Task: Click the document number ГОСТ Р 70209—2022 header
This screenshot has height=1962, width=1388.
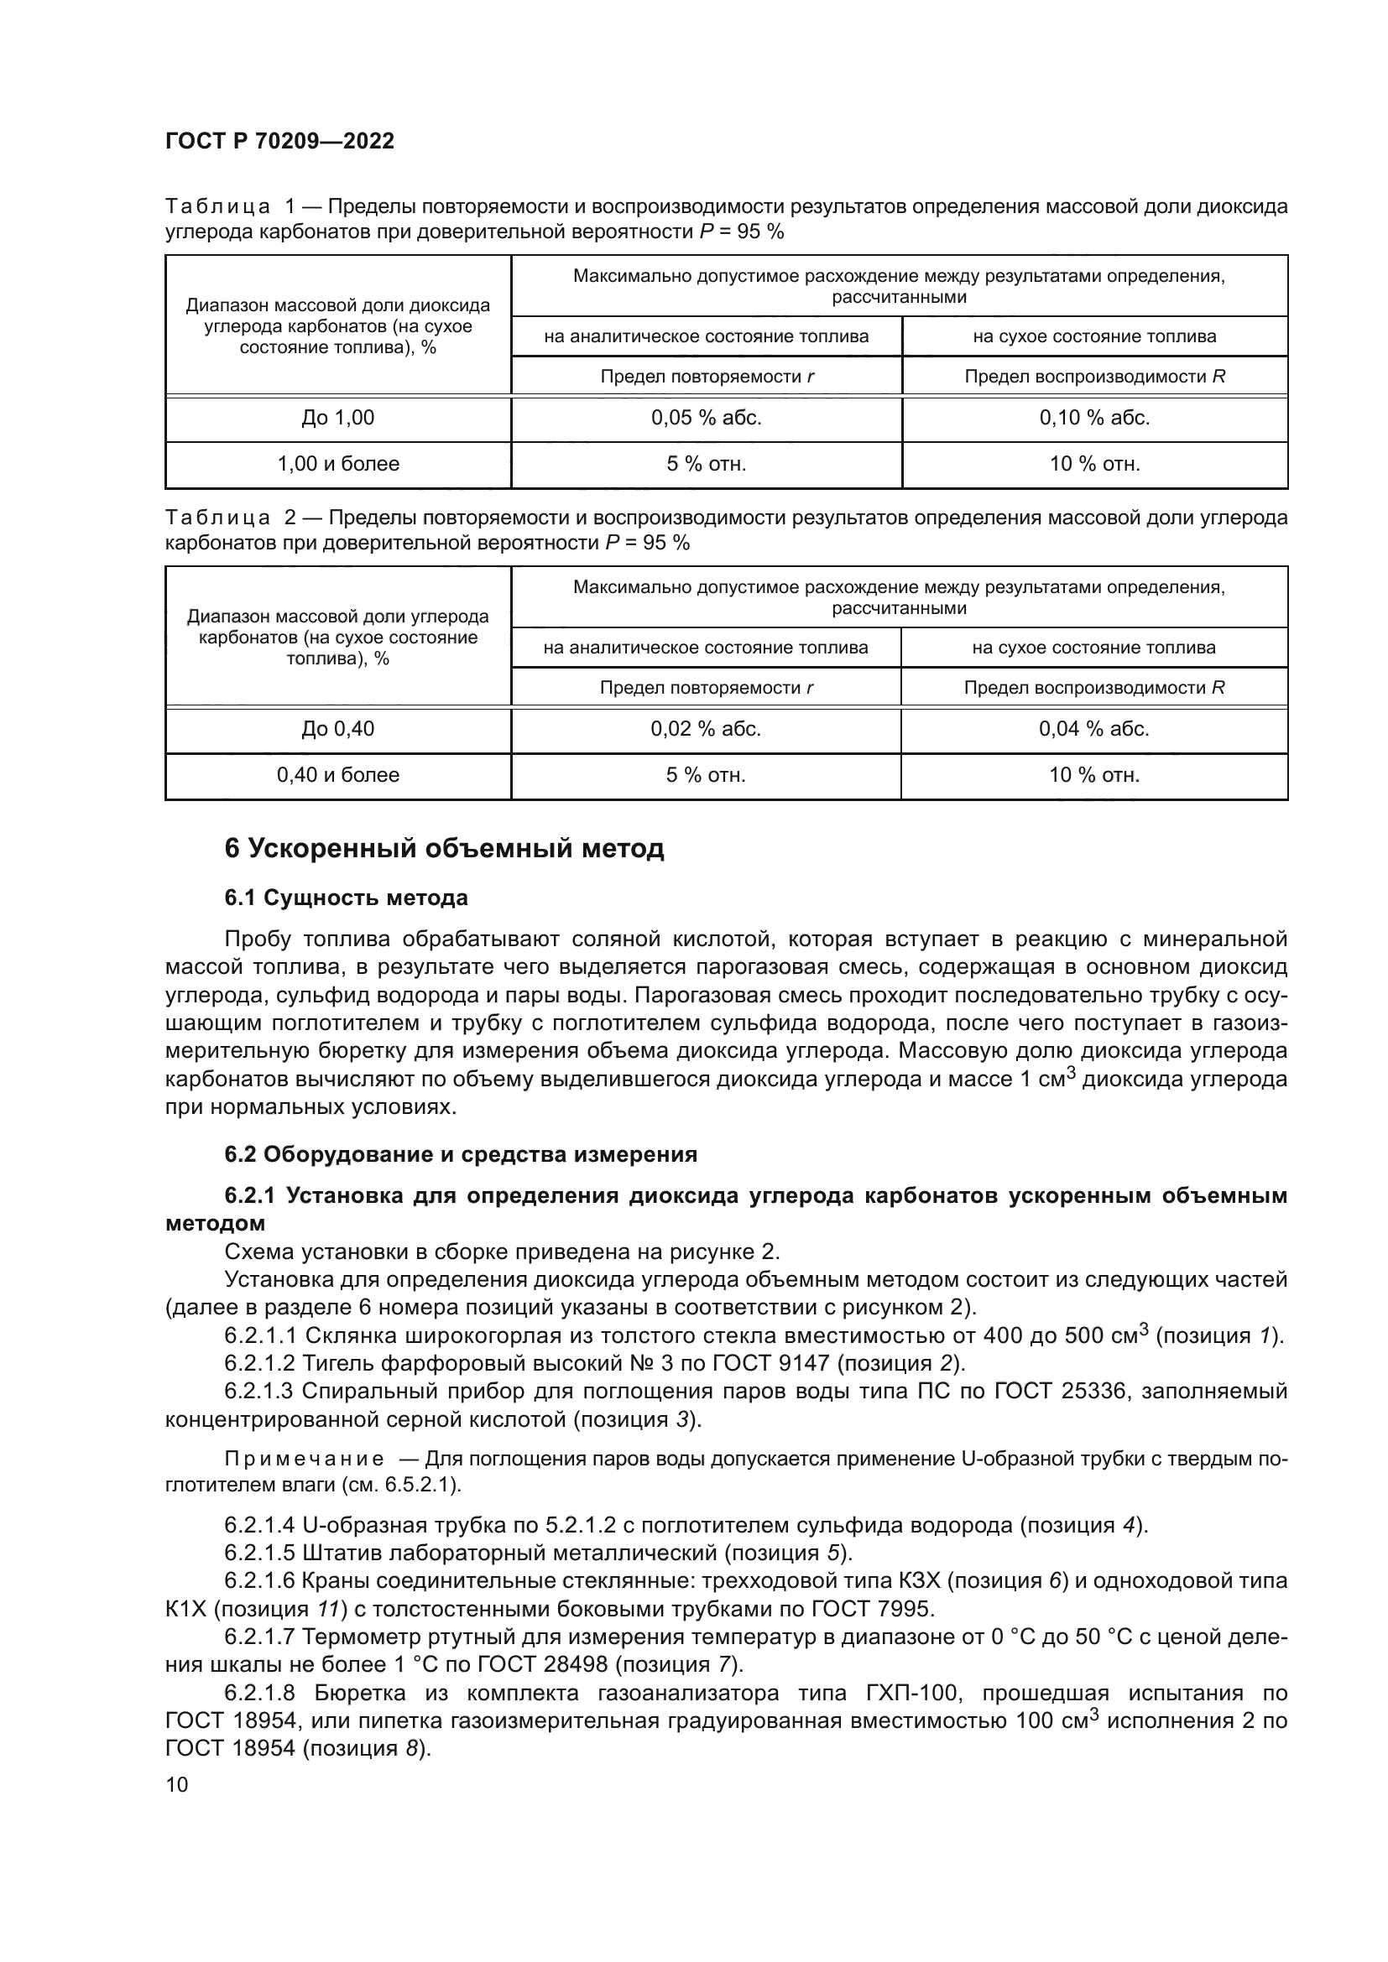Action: click(x=279, y=141)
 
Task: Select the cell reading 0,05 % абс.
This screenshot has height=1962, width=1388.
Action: click(x=706, y=418)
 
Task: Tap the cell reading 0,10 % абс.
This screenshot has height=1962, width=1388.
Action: click(x=1094, y=418)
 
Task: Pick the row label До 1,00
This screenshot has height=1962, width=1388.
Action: click(x=337, y=418)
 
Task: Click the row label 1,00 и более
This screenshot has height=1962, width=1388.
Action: click(x=337, y=464)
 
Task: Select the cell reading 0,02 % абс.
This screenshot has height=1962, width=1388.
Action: click(x=705, y=729)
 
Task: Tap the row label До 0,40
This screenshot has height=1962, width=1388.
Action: click(x=337, y=729)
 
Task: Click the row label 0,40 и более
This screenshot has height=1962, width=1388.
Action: click(x=337, y=775)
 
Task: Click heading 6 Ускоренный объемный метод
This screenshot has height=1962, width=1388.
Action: click(x=444, y=849)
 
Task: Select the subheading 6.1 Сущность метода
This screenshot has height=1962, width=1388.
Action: click(x=346, y=898)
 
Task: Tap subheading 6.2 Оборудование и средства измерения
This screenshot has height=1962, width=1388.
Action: click(x=461, y=1154)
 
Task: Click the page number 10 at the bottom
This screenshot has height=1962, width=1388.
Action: click(x=177, y=1784)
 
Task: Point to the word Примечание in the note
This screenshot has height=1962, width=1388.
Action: click(x=304, y=1459)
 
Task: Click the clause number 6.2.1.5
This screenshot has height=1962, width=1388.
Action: click(x=259, y=1553)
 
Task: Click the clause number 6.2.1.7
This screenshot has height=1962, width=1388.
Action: click(x=259, y=1637)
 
